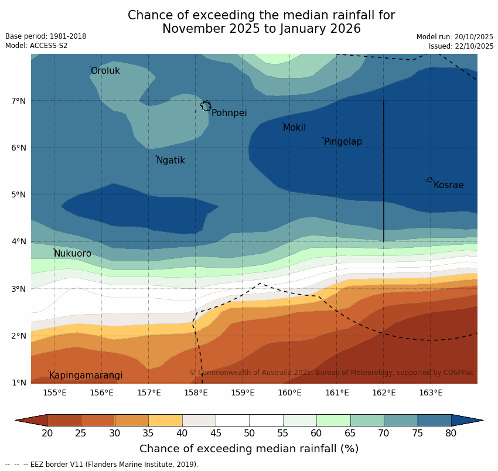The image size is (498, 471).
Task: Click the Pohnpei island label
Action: (229, 113)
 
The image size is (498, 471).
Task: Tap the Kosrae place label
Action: (448, 185)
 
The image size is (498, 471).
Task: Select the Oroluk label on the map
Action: (105, 71)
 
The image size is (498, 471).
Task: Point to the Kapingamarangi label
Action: (86, 376)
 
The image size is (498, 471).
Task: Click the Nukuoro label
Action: (73, 254)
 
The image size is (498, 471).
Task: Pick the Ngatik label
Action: (170, 161)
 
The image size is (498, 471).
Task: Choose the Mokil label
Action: (294, 128)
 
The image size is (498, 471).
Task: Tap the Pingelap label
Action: (343, 142)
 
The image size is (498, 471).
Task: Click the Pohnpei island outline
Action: (206, 106)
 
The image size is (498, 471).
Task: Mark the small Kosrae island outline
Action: (429, 180)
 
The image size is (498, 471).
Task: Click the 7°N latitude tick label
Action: (19, 101)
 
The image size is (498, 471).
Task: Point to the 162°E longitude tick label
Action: (384, 392)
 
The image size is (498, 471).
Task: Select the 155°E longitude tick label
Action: (54, 392)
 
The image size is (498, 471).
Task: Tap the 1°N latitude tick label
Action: (19, 383)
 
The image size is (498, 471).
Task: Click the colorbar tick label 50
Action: (249, 433)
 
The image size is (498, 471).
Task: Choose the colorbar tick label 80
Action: (451, 433)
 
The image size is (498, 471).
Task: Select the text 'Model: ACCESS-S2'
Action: (36, 46)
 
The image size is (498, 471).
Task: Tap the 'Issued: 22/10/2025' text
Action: (461, 46)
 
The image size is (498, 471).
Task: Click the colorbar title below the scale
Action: (249, 449)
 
